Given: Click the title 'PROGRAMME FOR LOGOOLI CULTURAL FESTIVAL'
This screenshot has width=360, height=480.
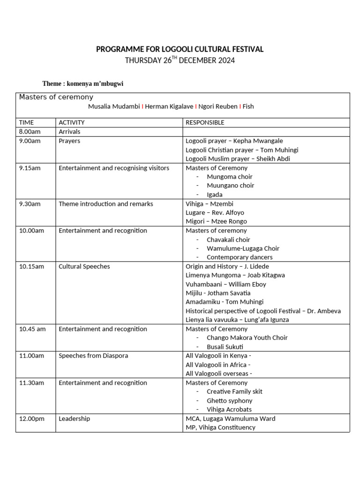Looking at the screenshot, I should [x=180, y=49].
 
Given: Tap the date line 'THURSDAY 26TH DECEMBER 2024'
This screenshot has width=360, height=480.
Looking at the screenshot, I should [x=180, y=60].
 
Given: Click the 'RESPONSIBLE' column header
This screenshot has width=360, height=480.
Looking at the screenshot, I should [x=205, y=122].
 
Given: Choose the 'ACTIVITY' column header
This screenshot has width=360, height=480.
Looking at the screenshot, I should [x=72, y=122].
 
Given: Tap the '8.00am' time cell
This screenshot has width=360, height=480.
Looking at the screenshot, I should [x=30, y=132].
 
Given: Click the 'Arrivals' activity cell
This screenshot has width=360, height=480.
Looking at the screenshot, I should [x=69, y=132].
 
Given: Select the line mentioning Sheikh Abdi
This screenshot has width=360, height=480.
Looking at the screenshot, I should [x=238, y=159].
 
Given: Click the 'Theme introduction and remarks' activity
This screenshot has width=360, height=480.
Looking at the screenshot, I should [x=106, y=204].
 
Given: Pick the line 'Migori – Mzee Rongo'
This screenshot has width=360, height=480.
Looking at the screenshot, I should [x=216, y=221].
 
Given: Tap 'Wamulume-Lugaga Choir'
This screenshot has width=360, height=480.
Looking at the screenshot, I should [x=243, y=248].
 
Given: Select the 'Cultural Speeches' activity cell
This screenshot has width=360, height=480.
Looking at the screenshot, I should [x=84, y=266].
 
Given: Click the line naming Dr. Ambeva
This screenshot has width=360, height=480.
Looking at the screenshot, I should [x=263, y=311].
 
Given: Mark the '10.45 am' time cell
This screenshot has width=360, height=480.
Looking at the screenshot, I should [x=32, y=329].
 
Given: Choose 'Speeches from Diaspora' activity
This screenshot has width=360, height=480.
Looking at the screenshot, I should [x=93, y=356].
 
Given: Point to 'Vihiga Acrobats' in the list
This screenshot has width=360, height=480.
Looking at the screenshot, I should [x=229, y=409].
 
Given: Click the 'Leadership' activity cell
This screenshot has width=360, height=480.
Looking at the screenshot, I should [x=74, y=419].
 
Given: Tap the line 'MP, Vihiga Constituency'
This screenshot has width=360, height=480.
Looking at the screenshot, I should [x=220, y=427].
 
